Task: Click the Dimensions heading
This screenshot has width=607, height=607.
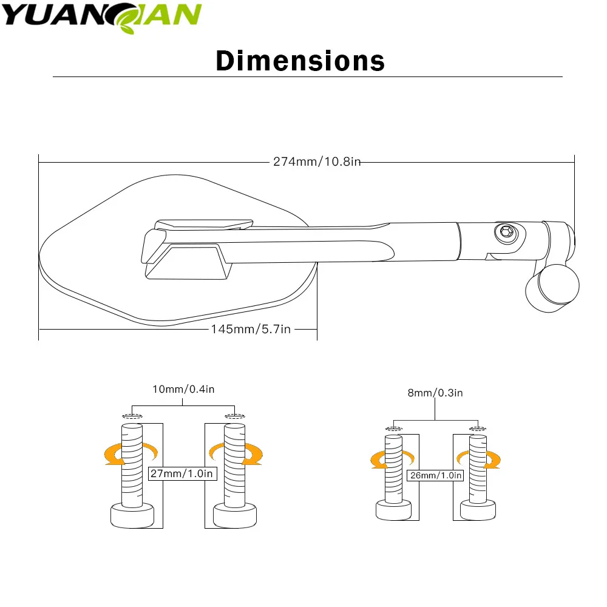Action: [300, 61]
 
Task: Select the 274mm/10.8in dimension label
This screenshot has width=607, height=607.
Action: [317, 161]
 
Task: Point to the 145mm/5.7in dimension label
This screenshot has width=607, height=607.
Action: [251, 329]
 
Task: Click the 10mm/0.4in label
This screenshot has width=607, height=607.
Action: [183, 389]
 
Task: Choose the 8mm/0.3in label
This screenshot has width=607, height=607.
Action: [435, 393]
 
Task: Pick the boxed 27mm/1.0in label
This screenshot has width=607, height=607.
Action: [182, 473]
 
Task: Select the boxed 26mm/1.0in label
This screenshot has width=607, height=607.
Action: [435, 475]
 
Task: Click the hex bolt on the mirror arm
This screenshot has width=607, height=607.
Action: [506, 232]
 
